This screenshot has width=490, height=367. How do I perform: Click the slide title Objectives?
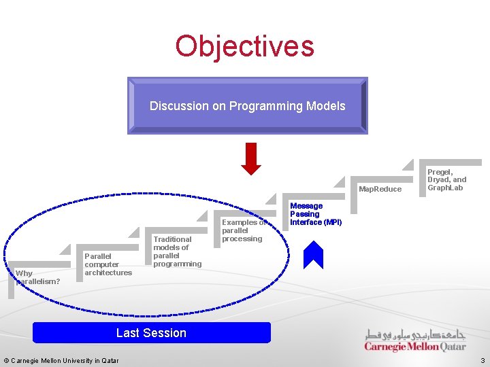(x=244, y=46)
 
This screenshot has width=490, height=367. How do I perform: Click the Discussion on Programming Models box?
(x=247, y=105)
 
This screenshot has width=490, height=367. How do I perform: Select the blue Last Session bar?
(x=151, y=332)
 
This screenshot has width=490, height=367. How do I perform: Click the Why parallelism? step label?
(x=38, y=277)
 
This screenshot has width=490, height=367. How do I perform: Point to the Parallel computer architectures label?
(x=108, y=264)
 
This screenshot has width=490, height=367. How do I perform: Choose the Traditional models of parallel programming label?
(x=177, y=251)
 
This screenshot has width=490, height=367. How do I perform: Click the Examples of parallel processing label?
(x=243, y=230)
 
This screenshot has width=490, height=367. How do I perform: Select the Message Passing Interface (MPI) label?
(x=315, y=214)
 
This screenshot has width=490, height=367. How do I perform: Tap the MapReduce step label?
(x=380, y=189)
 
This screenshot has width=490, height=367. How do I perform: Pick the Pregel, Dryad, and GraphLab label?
(x=446, y=180)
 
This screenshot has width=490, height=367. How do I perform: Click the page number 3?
(x=482, y=360)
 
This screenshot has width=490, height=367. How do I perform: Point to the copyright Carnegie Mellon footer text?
(x=61, y=360)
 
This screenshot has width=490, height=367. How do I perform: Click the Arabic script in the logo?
(x=415, y=334)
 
